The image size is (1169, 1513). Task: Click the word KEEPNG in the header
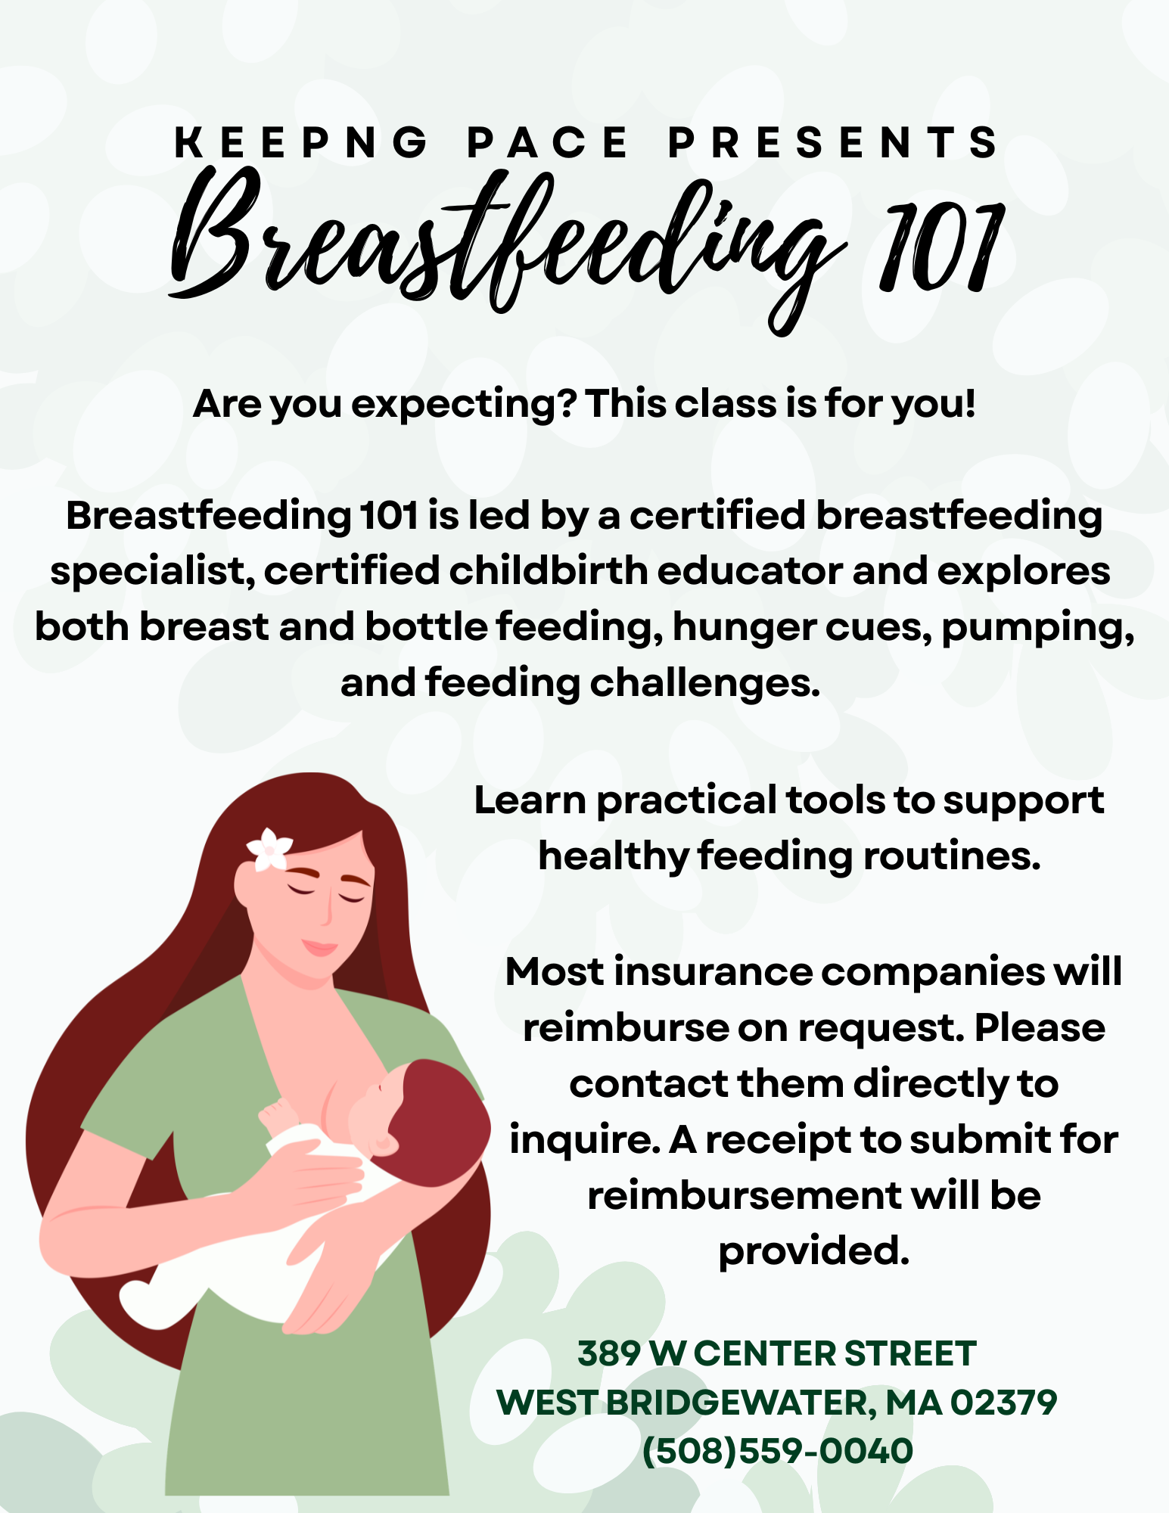[x=302, y=142]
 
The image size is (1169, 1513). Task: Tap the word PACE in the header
[x=548, y=142]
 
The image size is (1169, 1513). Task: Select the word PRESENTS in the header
[x=833, y=142]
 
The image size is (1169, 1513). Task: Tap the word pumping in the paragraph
[x=1037, y=629]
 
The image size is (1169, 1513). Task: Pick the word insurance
[x=714, y=972]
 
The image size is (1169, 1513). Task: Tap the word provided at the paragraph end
[x=813, y=1253]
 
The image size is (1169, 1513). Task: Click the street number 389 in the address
[x=609, y=1354]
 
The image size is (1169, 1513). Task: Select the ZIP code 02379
[x=1004, y=1403]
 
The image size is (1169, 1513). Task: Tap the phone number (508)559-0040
[x=778, y=1451]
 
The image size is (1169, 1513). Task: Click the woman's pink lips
[x=319, y=947]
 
